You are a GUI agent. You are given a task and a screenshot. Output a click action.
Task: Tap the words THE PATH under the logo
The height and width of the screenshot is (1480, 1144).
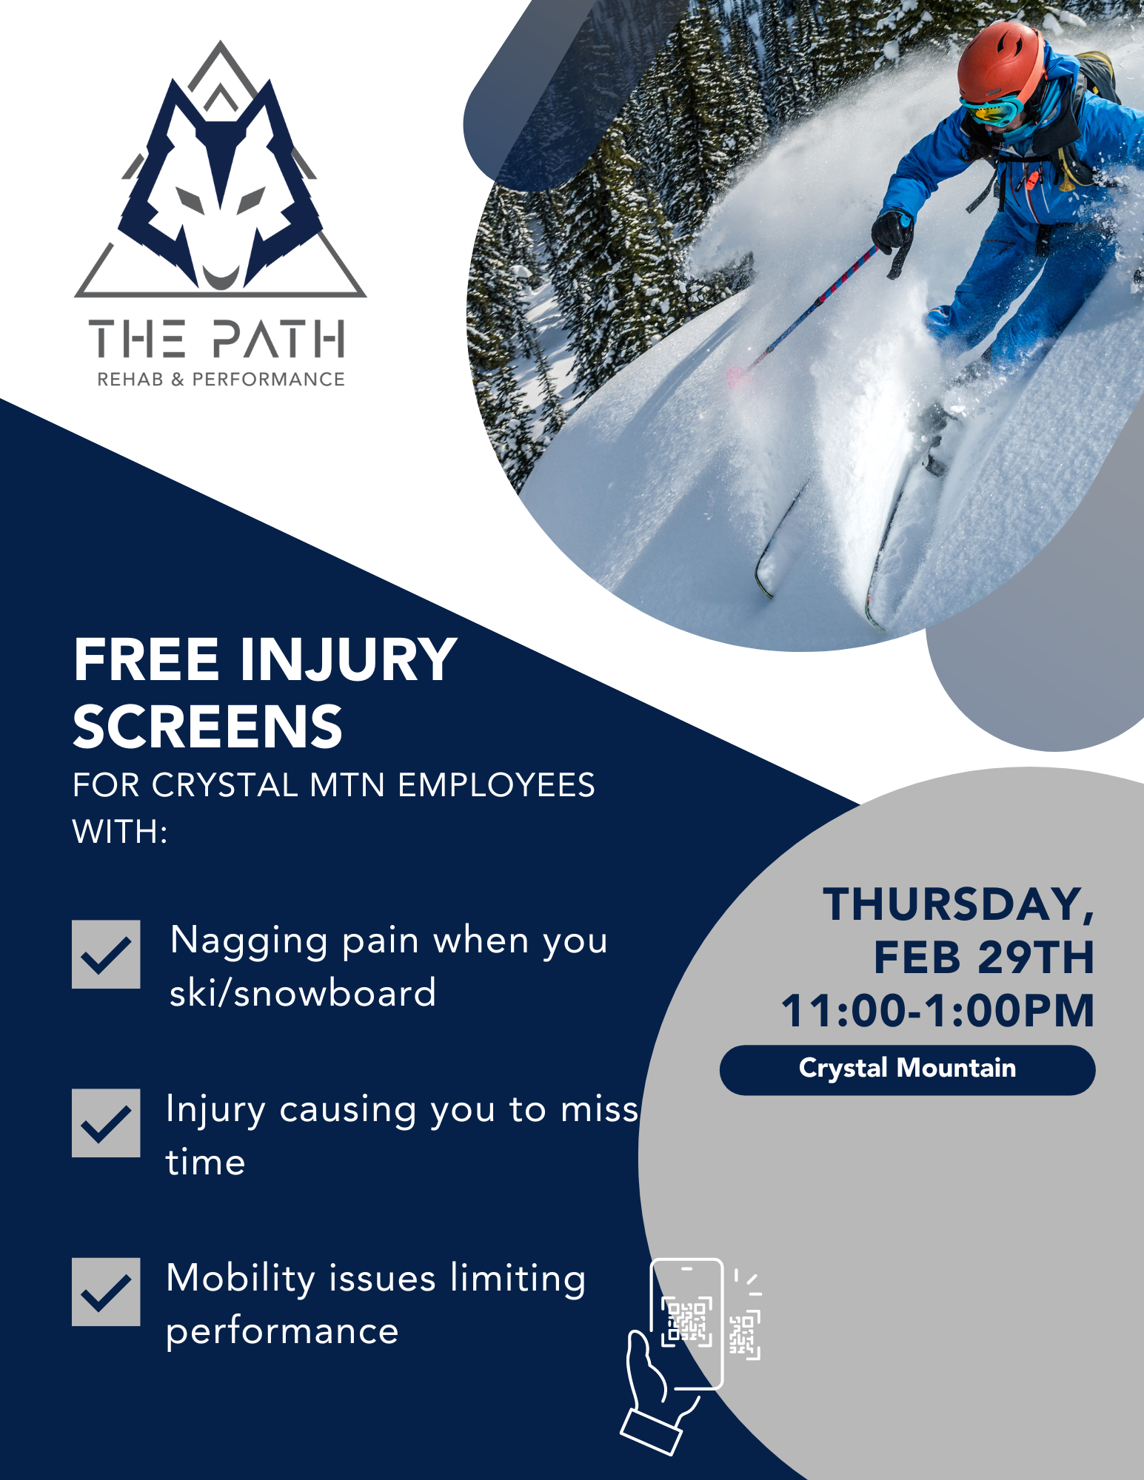pyautogui.click(x=217, y=339)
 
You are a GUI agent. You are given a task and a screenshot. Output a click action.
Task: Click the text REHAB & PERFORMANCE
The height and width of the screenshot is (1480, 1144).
pyautogui.click(x=221, y=380)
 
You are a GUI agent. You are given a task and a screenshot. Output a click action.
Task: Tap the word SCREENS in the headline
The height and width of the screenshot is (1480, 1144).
pyautogui.click(x=208, y=727)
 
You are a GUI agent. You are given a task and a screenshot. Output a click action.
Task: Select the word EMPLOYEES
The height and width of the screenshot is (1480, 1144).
pyautogui.click(x=496, y=785)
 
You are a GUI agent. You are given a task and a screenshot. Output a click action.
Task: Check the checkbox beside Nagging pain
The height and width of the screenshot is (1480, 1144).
pyautogui.click(x=106, y=954)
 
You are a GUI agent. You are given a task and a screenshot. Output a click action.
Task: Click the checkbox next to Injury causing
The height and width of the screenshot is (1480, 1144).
pyautogui.click(x=106, y=1123)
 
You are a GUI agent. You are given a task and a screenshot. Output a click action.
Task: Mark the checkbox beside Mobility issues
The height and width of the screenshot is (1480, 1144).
pyautogui.click(x=106, y=1291)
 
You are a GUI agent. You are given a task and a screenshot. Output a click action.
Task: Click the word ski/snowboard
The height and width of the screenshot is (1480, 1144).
pyautogui.click(x=303, y=993)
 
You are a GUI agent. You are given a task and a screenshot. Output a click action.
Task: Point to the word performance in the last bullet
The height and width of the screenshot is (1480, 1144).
pyautogui.click(x=282, y=1332)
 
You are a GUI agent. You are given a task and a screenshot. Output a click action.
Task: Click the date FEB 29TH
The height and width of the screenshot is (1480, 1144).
pyautogui.click(x=984, y=958)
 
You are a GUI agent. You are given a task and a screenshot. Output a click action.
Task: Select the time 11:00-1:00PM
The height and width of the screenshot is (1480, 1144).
pyautogui.click(x=938, y=1011)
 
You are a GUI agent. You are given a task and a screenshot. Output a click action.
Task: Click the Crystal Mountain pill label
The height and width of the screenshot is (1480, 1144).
pyautogui.click(x=908, y=1069)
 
